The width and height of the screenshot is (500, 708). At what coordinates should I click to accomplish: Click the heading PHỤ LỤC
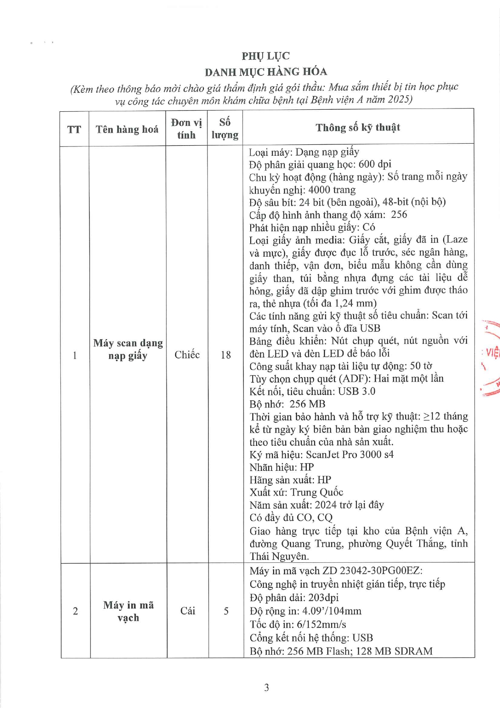266,56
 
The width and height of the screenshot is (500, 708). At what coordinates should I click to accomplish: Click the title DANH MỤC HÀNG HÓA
266,72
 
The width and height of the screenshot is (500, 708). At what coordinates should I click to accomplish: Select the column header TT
74,129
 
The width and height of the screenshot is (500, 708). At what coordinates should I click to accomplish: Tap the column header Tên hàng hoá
127,129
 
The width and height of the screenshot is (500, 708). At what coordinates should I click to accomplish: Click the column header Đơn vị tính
186,129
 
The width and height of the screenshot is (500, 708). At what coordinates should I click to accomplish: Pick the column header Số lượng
225,129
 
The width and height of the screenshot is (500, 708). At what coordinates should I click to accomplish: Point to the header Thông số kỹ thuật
358,128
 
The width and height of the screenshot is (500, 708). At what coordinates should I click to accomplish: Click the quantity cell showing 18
226,355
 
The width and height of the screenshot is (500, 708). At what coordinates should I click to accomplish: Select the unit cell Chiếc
187,355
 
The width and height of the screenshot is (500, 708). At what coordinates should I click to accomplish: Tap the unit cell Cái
188,611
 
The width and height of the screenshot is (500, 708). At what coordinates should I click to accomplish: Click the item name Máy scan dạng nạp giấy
128,349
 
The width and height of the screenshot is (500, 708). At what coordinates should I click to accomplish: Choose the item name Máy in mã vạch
128,611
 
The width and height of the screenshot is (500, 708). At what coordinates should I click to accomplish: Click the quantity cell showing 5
226,611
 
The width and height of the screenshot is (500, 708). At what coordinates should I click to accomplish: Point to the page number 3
266,687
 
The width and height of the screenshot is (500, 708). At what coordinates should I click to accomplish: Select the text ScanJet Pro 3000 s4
350,455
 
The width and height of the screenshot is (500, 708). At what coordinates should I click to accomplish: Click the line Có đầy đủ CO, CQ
291,518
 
